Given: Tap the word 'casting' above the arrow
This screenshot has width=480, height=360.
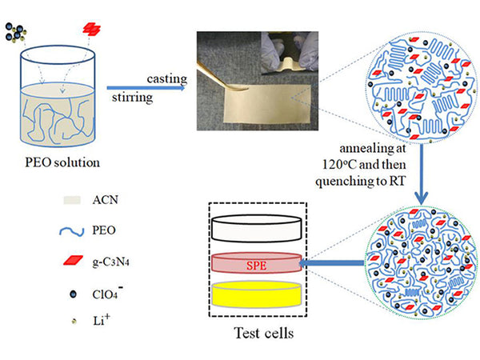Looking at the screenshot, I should [x=166, y=79].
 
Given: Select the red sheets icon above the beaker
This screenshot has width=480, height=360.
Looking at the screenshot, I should [x=93, y=29].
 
